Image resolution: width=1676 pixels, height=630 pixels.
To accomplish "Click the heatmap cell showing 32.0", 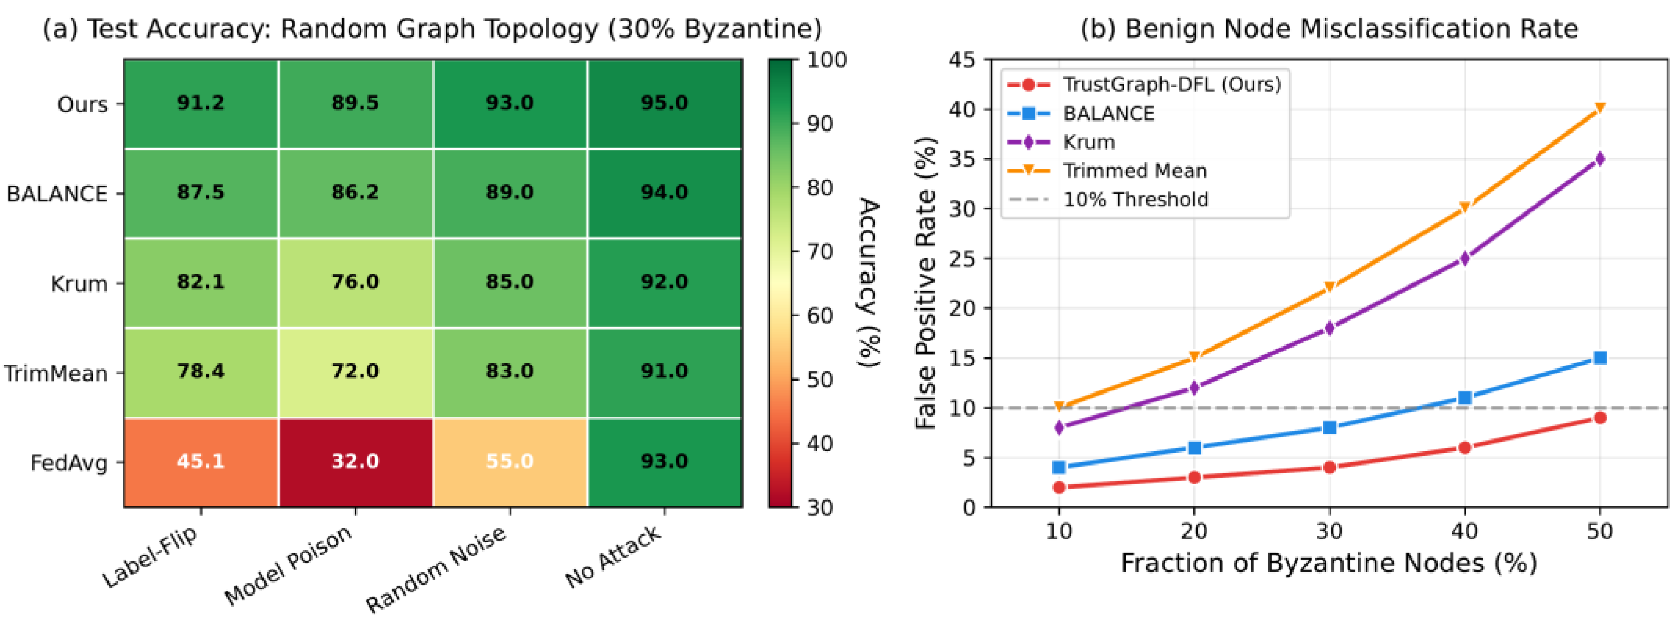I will coord(355,461).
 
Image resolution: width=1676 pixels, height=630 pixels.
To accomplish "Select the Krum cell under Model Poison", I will coord(355,282).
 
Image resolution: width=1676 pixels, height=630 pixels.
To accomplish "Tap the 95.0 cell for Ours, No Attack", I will coord(664,103).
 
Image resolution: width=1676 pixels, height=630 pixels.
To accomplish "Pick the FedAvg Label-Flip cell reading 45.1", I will coord(200,461).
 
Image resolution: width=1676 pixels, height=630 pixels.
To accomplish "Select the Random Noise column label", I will coord(436,570).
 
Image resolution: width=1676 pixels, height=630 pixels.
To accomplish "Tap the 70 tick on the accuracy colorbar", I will coord(820,251).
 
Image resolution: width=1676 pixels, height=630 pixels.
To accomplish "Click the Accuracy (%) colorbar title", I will coord(869,283).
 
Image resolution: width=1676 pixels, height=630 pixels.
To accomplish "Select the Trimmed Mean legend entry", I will coord(1135,171).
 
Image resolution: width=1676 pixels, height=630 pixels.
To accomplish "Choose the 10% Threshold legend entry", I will coord(1135,199).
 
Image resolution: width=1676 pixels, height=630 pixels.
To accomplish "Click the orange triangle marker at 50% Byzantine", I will coord(1600,109).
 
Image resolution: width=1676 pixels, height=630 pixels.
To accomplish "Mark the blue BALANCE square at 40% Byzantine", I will coord(1465,398).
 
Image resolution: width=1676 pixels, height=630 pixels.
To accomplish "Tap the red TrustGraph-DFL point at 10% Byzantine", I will coord(1059,487).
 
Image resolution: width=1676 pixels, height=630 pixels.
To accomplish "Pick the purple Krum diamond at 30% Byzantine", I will coord(1329,328).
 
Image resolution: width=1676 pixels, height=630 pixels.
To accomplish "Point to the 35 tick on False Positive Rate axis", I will coord(963,159).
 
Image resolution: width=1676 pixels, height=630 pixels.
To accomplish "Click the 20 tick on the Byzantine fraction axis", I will coord(1194,531).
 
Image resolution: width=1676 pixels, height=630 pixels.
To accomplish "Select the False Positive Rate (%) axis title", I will coord(925,283).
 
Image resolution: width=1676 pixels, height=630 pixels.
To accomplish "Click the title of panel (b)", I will coord(1329,29).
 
